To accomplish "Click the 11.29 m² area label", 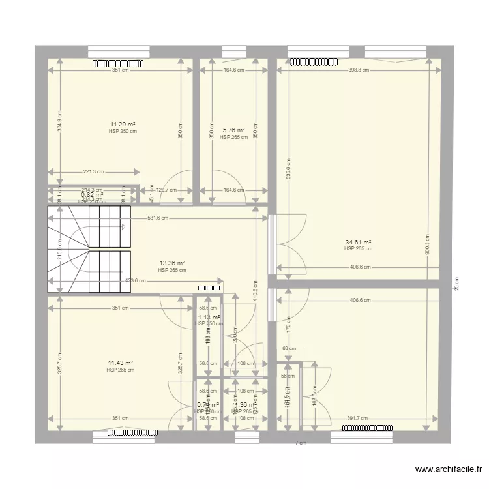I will pyautogui.click(x=123, y=124).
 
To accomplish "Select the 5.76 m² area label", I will pyautogui.click(x=233, y=130).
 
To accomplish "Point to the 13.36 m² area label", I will pyautogui.click(x=171, y=263).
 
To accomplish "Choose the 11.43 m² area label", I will pyautogui.click(x=120, y=363).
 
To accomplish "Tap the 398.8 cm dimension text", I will pyautogui.click(x=358, y=70).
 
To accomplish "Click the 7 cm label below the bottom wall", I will pyautogui.click(x=300, y=443).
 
